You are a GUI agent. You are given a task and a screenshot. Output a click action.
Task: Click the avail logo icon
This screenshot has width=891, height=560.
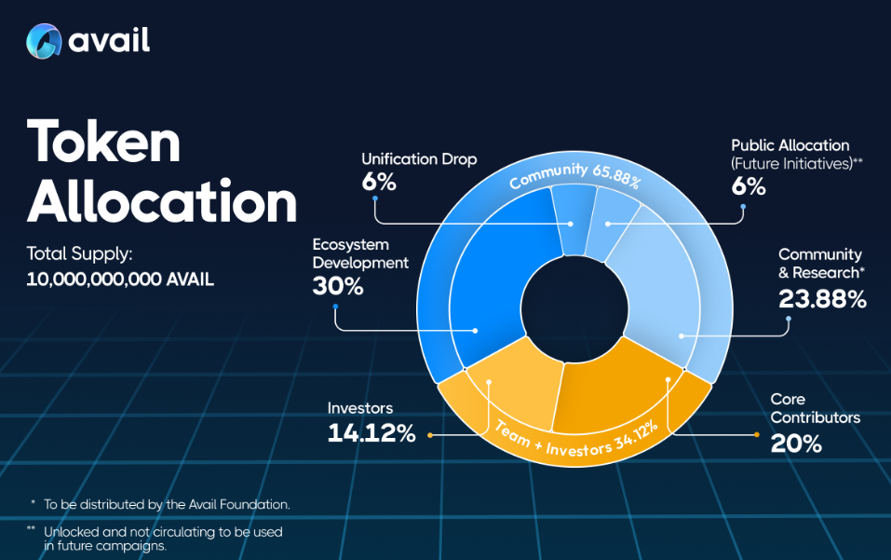coord(44,41)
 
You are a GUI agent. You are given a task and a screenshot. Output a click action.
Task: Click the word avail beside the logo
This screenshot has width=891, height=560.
coord(109,40)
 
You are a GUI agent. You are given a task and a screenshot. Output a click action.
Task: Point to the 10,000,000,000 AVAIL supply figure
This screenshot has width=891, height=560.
coord(120,280)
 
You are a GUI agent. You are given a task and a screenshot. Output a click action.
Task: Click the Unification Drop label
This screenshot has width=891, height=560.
coord(419,159)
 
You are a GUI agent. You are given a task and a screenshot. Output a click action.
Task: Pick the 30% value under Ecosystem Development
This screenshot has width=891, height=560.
coord(338,286)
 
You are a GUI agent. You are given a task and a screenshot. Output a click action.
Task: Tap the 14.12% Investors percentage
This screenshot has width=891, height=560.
coord(371,433)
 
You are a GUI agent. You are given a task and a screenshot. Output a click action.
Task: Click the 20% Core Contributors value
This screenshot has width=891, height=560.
coord(796,444)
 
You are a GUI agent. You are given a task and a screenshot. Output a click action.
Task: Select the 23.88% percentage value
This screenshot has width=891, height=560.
coord(822,299)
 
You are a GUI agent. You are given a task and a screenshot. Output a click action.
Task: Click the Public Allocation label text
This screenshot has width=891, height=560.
coord(790,145)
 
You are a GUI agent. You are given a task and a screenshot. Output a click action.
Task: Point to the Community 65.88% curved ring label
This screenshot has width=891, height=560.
coord(575,175)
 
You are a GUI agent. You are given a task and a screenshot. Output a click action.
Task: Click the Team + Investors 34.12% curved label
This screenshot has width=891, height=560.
coord(576,439)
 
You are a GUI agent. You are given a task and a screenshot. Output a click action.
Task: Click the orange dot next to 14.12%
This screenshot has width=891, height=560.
coord(430,435)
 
